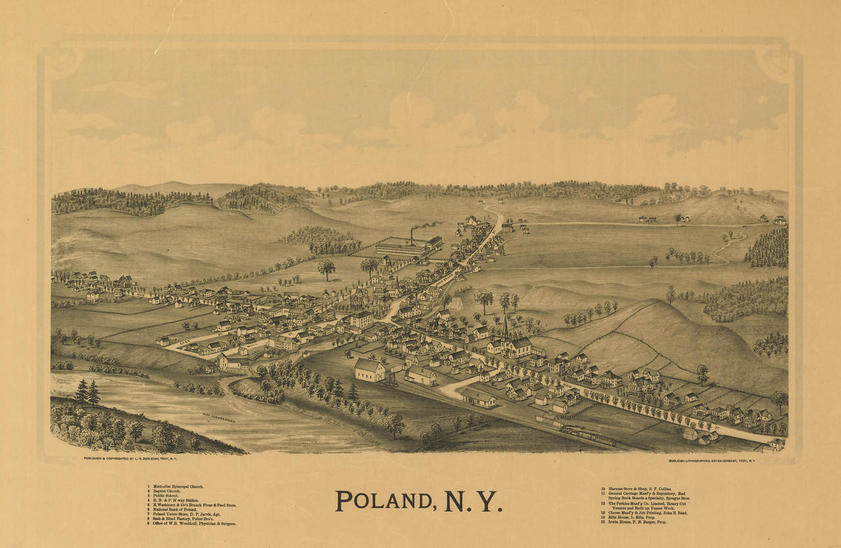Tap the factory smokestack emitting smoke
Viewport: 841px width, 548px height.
pos(412,235)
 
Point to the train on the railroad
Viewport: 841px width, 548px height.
pos(588,435)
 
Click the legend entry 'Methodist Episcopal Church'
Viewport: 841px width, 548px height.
pos(177,487)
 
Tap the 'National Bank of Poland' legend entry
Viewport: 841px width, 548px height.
pos(174,510)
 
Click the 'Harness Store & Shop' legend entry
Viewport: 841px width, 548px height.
pos(637,489)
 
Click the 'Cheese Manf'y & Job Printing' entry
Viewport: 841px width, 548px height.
pos(647,513)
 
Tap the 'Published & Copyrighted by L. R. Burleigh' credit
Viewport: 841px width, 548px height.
pos(131,458)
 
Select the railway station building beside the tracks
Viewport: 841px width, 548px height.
pos(478,397)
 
